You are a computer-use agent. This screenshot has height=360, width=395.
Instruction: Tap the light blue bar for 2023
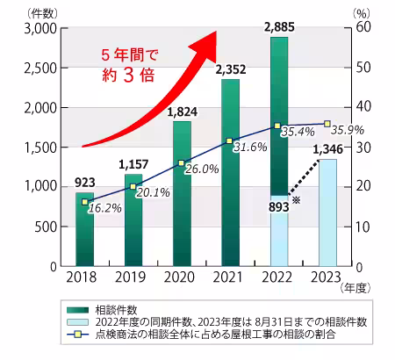327,211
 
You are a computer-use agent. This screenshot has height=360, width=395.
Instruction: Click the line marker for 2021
230,140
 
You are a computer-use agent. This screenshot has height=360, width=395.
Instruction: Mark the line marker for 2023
327,124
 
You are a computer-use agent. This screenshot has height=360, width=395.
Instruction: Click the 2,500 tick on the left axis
41,68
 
